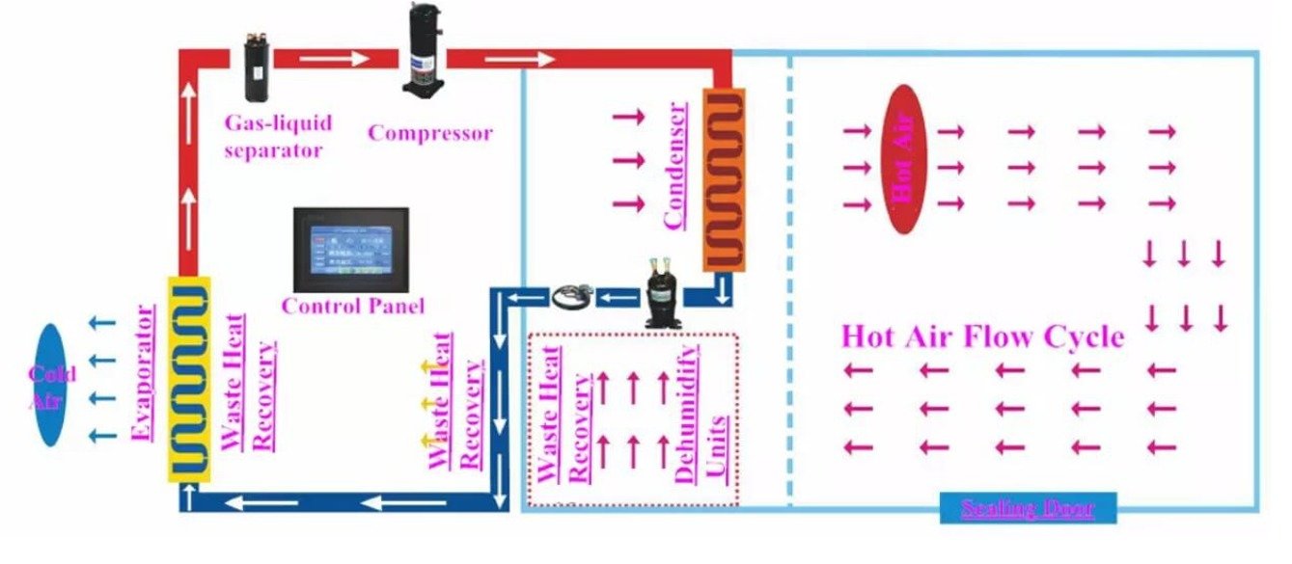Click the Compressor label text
click(429, 133)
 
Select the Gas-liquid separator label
click(278, 136)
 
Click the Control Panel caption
click(352, 307)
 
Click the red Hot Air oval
click(905, 159)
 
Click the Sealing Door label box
click(1028, 508)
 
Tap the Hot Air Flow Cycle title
click(982, 337)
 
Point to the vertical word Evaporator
click(144, 373)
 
